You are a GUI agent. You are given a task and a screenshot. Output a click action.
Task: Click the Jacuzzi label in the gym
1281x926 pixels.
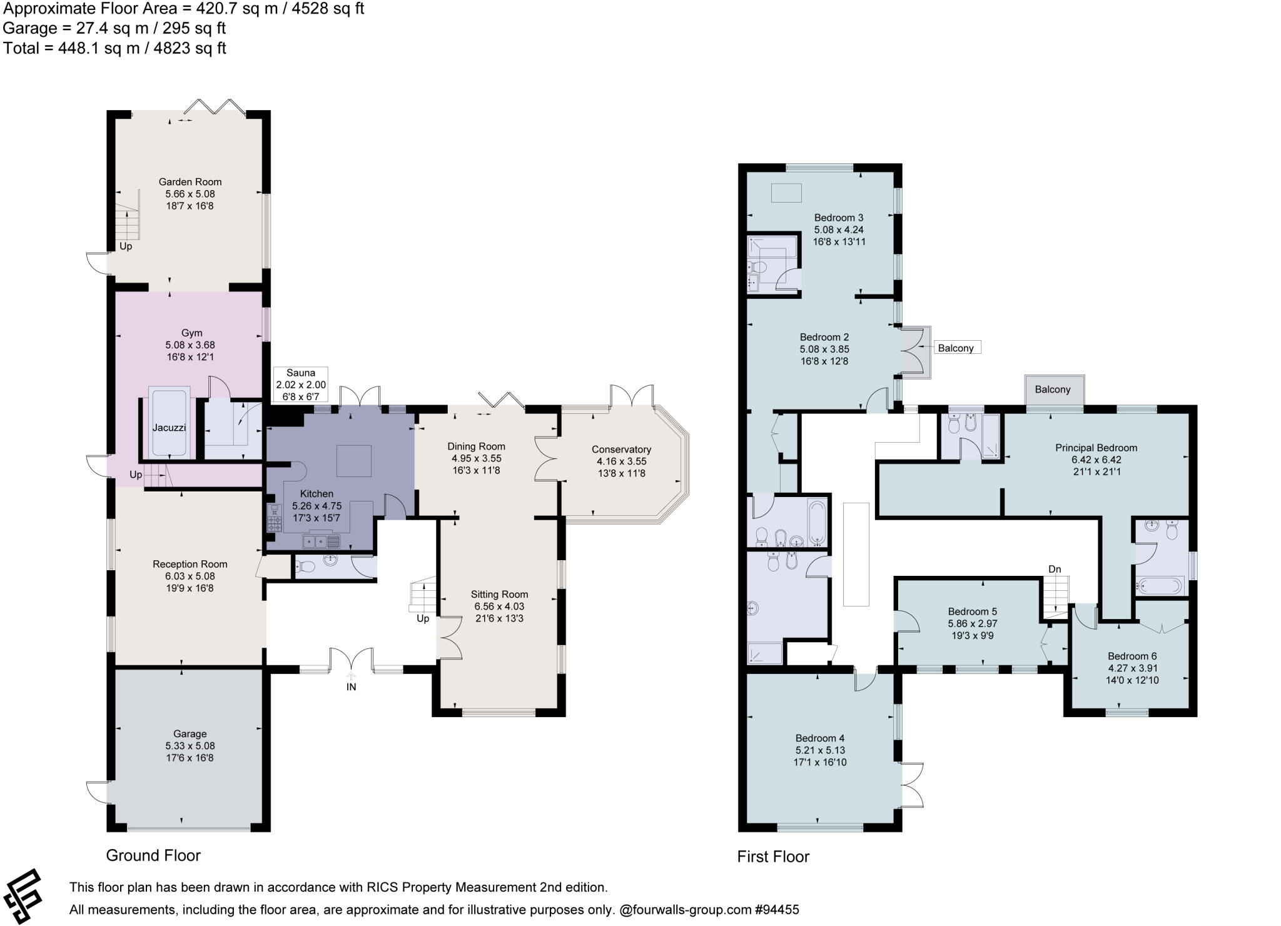click(x=169, y=428)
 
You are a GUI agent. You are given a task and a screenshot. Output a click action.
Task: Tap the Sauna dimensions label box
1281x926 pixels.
click(x=301, y=385)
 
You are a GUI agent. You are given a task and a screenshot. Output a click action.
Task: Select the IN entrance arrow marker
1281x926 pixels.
click(x=352, y=677)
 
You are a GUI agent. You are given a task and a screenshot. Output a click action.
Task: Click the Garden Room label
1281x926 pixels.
click(x=190, y=182)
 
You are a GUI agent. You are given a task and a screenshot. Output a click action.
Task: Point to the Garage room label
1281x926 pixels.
click(x=190, y=733)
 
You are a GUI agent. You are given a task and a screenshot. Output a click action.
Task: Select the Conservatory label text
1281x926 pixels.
click(x=621, y=450)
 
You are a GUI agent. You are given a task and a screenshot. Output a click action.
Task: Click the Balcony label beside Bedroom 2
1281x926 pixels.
click(x=956, y=348)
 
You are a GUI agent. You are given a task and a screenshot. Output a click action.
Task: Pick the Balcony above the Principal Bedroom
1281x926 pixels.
click(x=1053, y=390)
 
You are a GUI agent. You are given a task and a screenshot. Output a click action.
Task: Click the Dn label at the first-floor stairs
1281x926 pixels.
click(x=1055, y=569)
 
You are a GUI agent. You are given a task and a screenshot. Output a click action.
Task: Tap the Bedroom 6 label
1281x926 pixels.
click(x=1132, y=656)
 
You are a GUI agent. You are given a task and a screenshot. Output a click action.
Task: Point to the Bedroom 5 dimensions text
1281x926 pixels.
click(x=972, y=623)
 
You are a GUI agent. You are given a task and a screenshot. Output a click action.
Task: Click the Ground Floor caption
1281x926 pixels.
click(x=153, y=855)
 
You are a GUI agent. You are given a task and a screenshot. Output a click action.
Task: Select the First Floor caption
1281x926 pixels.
click(x=773, y=857)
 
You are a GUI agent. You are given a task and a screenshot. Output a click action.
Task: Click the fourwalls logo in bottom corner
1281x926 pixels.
click(x=24, y=895)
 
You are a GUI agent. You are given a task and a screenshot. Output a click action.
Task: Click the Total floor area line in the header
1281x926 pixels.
click(x=114, y=48)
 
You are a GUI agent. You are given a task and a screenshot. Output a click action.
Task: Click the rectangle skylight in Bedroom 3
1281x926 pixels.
click(x=786, y=193)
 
